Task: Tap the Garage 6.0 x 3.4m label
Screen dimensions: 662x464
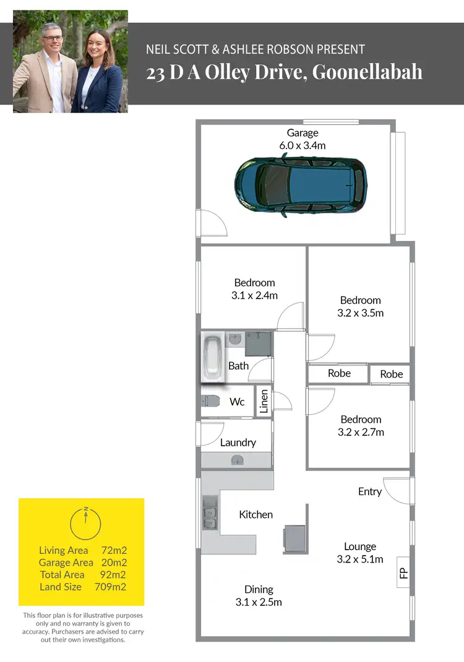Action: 302,139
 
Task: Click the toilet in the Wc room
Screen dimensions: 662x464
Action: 210,401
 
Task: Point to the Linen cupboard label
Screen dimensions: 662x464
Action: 264,401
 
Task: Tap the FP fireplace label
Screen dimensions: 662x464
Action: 403,573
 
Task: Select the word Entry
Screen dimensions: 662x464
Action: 369,491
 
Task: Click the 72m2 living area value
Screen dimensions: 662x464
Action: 114,550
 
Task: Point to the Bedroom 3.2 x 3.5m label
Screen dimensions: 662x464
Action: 360,307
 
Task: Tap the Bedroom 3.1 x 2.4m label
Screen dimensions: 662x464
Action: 254,289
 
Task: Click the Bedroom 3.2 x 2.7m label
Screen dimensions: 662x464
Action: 361,426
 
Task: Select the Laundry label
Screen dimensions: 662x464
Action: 238,443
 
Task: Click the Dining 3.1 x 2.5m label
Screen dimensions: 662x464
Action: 259,595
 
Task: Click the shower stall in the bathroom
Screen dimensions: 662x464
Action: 258,344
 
